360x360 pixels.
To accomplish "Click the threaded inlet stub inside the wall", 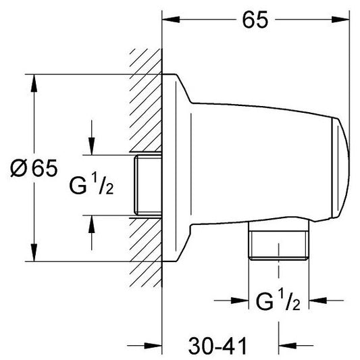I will [x=147, y=185].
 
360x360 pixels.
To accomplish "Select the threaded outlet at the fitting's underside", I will [x=279, y=245].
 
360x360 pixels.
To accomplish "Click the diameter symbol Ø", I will [x=21, y=168].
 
